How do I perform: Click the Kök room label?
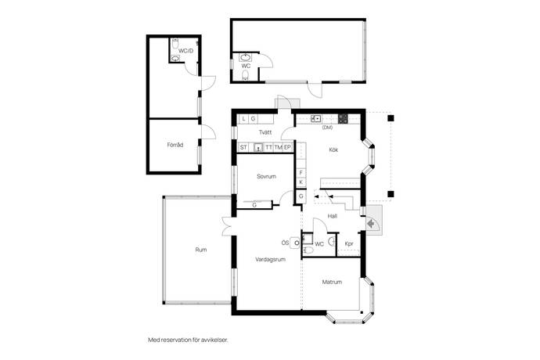tap(333, 149)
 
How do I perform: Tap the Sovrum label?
tap(266, 176)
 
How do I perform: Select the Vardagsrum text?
tap(270, 259)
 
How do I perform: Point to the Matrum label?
tap(332, 282)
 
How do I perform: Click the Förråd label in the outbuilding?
tap(175, 145)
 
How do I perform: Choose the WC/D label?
tap(185, 51)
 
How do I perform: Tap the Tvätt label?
tap(265, 132)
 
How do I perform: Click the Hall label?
tap(333, 216)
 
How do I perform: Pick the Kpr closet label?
tap(349, 244)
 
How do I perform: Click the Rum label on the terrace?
tap(201, 250)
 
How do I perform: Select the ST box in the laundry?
tap(243, 147)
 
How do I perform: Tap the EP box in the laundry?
tap(287, 147)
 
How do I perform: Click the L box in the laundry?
tap(244, 119)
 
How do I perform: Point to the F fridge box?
tap(301, 173)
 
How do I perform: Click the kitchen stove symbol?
tap(343, 119)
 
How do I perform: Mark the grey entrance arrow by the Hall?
tap(370, 224)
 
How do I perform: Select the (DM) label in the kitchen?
tap(327, 128)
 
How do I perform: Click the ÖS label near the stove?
tap(285, 243)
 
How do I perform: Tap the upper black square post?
tap(391, 118)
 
